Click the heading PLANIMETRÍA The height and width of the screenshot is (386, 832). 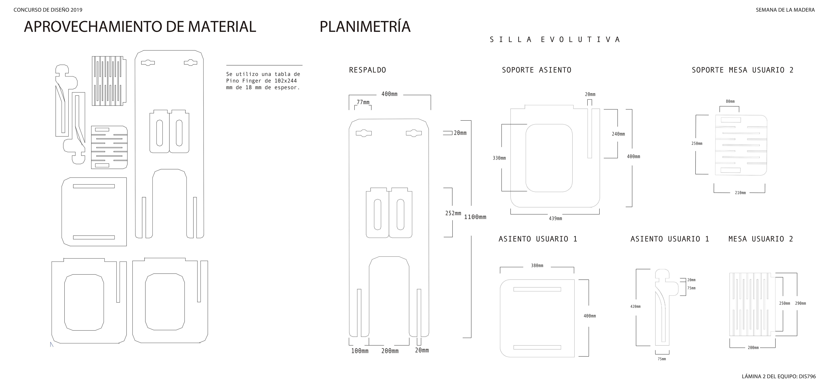click(x=365, y=26)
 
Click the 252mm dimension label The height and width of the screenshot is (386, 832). click(x=453, y=213)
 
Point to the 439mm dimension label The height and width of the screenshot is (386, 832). click(x=555, y=218)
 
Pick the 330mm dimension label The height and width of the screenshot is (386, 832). click(x=499, y=158)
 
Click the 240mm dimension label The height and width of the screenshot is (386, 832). click(x=618, y=134)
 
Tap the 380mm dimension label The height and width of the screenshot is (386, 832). click(x=537, y=266)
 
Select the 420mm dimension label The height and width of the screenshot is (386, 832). click(x=635, y=306)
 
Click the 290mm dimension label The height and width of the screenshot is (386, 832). click(x=800, y=303)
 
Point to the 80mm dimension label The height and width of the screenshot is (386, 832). click(x=730, y=101)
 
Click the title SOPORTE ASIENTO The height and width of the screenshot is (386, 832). click(x=537, y=70)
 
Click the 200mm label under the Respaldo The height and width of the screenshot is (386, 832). click(x=390, y=351)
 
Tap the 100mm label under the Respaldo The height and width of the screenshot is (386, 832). click(x=360, y=351)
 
